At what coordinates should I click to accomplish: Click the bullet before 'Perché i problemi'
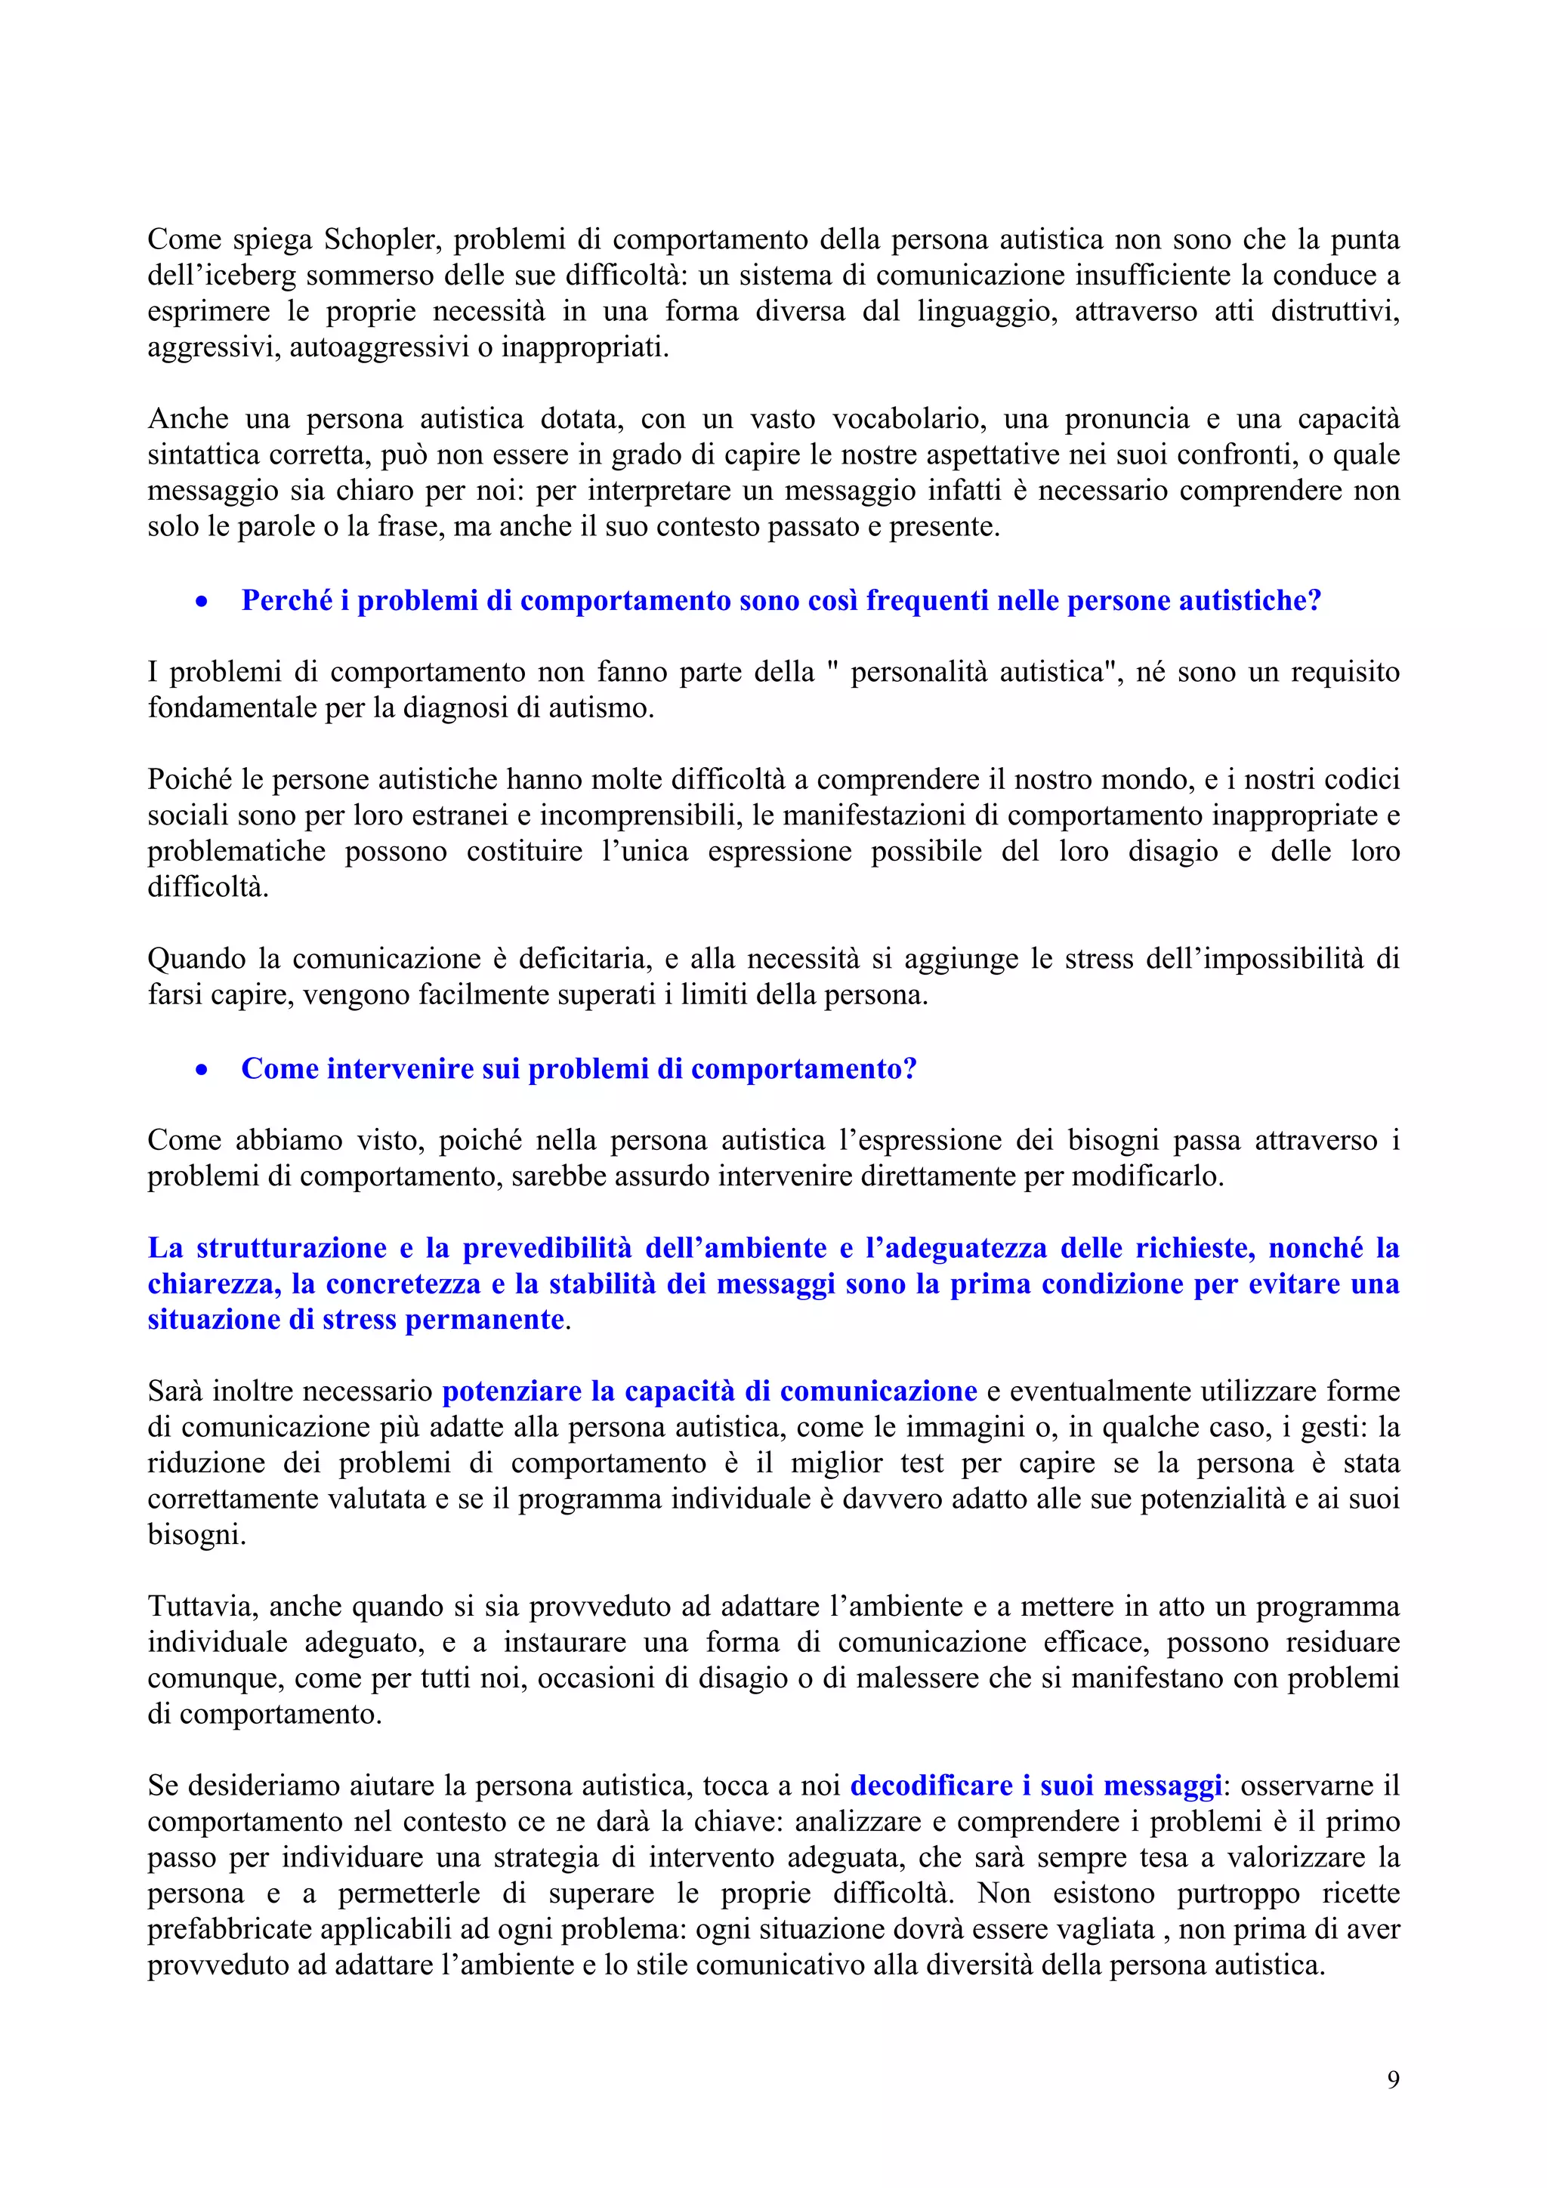click(201, 601)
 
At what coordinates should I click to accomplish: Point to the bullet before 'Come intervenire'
click(201, 1069)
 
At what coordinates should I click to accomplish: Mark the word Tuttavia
click(202, 1607)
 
